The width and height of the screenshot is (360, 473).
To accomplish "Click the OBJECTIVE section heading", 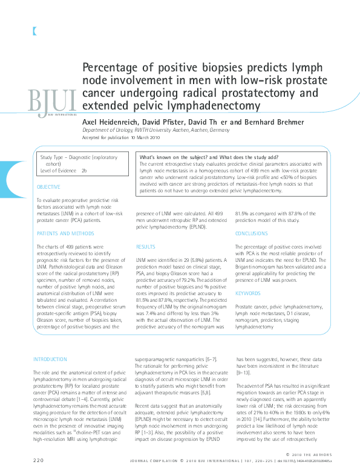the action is point(48,188).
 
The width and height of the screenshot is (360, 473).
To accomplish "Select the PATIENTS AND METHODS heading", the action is point(65,233).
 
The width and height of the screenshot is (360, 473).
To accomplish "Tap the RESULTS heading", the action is point(146,247).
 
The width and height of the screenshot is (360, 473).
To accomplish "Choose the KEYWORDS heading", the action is point(247,293).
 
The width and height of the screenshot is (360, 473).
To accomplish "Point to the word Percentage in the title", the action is point(111,68).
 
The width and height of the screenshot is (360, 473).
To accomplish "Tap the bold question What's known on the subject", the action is point(175,157).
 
